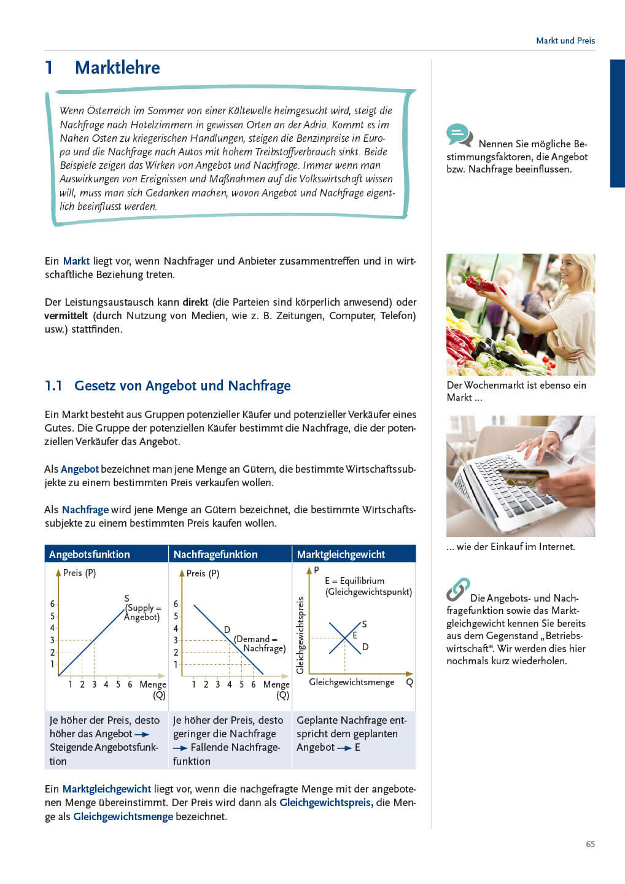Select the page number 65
click(x=590, y=844)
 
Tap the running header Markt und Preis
click(x=565, y=41)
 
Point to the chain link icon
click(x=458, y=589)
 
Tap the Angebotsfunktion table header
click(x=90, y=554)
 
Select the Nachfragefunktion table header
click(x=215, y=554)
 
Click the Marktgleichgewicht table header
click(x=341, y=554)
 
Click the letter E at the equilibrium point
click(x=355, y=635)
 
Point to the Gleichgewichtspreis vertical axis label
click(x=300, y=635)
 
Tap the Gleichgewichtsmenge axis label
click(x=351, y=682)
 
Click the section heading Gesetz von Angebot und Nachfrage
click(x=182, y=386)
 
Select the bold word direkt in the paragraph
click(x=195, y=302)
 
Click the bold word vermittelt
click(x=66, y=316)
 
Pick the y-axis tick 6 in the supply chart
click(x=52, y=604)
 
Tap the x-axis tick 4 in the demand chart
click(x=230, y=684)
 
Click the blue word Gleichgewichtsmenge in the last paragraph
click(x=123, y=816)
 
